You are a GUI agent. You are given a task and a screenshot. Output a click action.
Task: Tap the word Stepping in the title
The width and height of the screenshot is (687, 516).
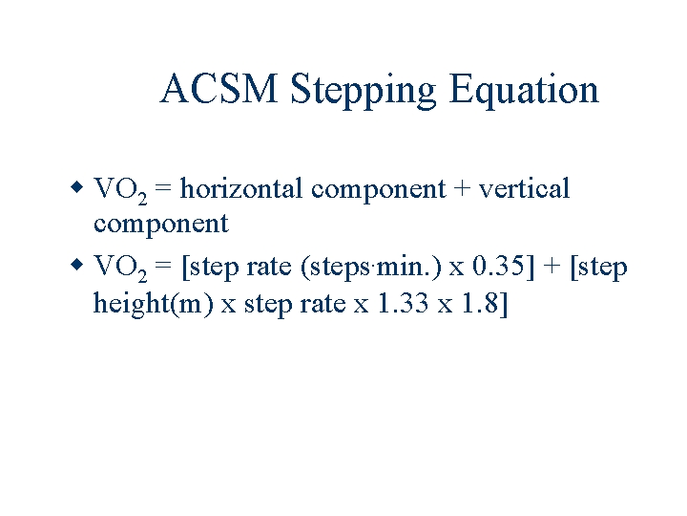pos(362,90)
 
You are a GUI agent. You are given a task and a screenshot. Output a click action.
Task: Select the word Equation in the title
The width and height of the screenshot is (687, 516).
pos(524,90)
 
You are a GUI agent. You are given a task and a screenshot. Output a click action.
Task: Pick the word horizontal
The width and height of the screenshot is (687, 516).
pos(241,188)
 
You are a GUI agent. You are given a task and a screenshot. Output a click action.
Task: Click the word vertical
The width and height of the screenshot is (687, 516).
pos(524,188)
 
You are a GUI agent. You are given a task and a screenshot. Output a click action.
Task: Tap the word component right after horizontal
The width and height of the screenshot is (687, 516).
pos(378,190)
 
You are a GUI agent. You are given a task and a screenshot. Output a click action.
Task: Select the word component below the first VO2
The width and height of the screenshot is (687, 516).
pos(160,225)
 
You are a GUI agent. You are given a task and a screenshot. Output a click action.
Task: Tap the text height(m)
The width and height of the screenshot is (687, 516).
pos(153,305)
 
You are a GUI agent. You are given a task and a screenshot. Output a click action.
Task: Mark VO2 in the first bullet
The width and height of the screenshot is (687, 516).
pos(119,189)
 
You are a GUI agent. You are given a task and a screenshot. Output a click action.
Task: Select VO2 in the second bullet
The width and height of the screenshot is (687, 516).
pos(119,268)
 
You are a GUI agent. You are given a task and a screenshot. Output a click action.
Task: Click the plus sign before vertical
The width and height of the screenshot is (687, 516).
pos(462,189)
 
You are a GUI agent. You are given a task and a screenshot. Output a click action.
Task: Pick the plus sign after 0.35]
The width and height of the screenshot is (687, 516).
pos(552,268)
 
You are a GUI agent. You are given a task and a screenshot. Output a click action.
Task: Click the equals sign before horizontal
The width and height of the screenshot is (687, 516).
pos(163,189)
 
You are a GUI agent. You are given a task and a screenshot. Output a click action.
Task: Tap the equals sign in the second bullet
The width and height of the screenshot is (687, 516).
pos(163,268)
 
